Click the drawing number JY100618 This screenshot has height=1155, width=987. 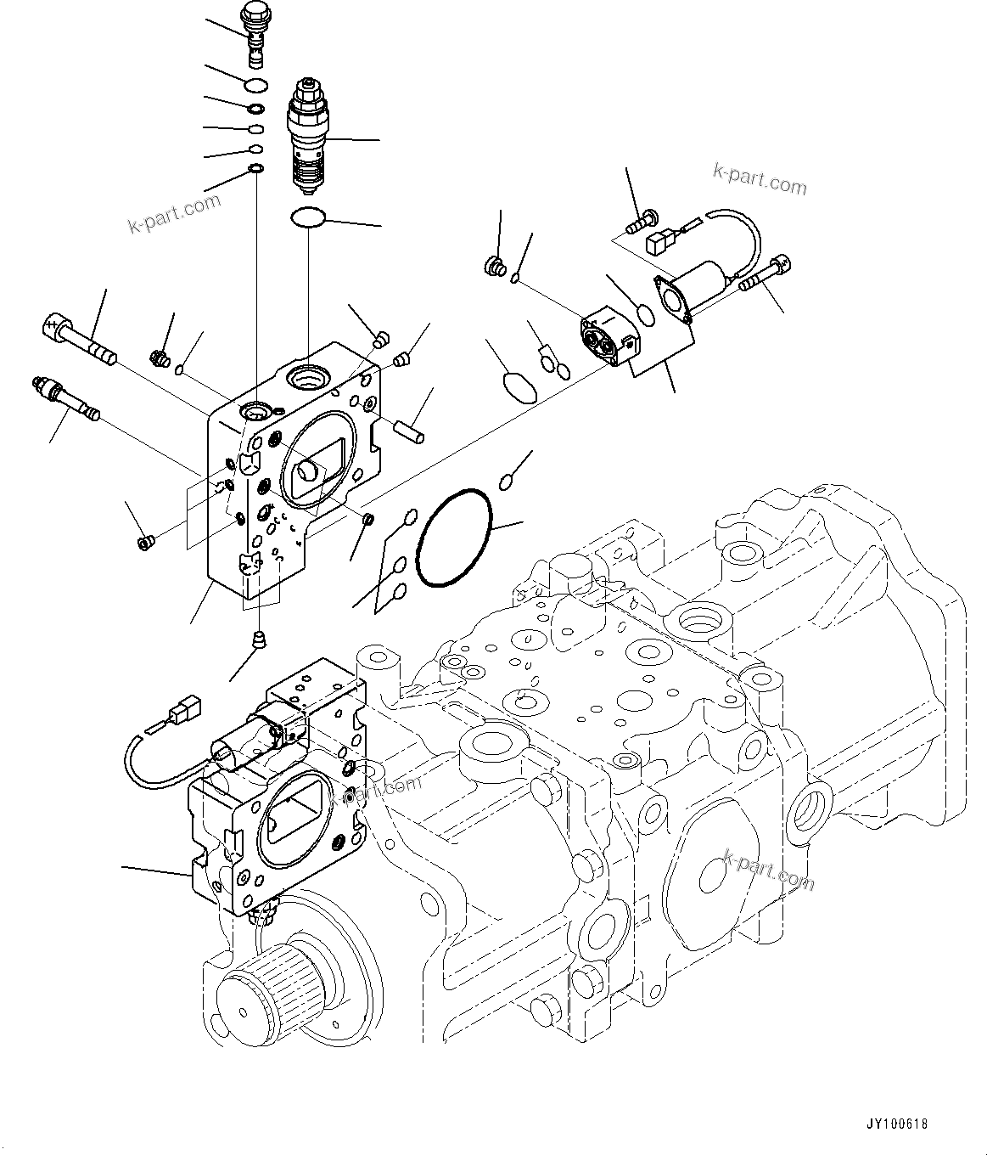(897, 1124)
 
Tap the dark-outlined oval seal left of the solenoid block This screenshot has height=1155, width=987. (519, 387)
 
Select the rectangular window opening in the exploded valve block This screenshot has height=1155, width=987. (313, 465)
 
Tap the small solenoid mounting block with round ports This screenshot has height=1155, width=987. (610, 338)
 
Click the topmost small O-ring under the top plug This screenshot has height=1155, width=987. (255, 84)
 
